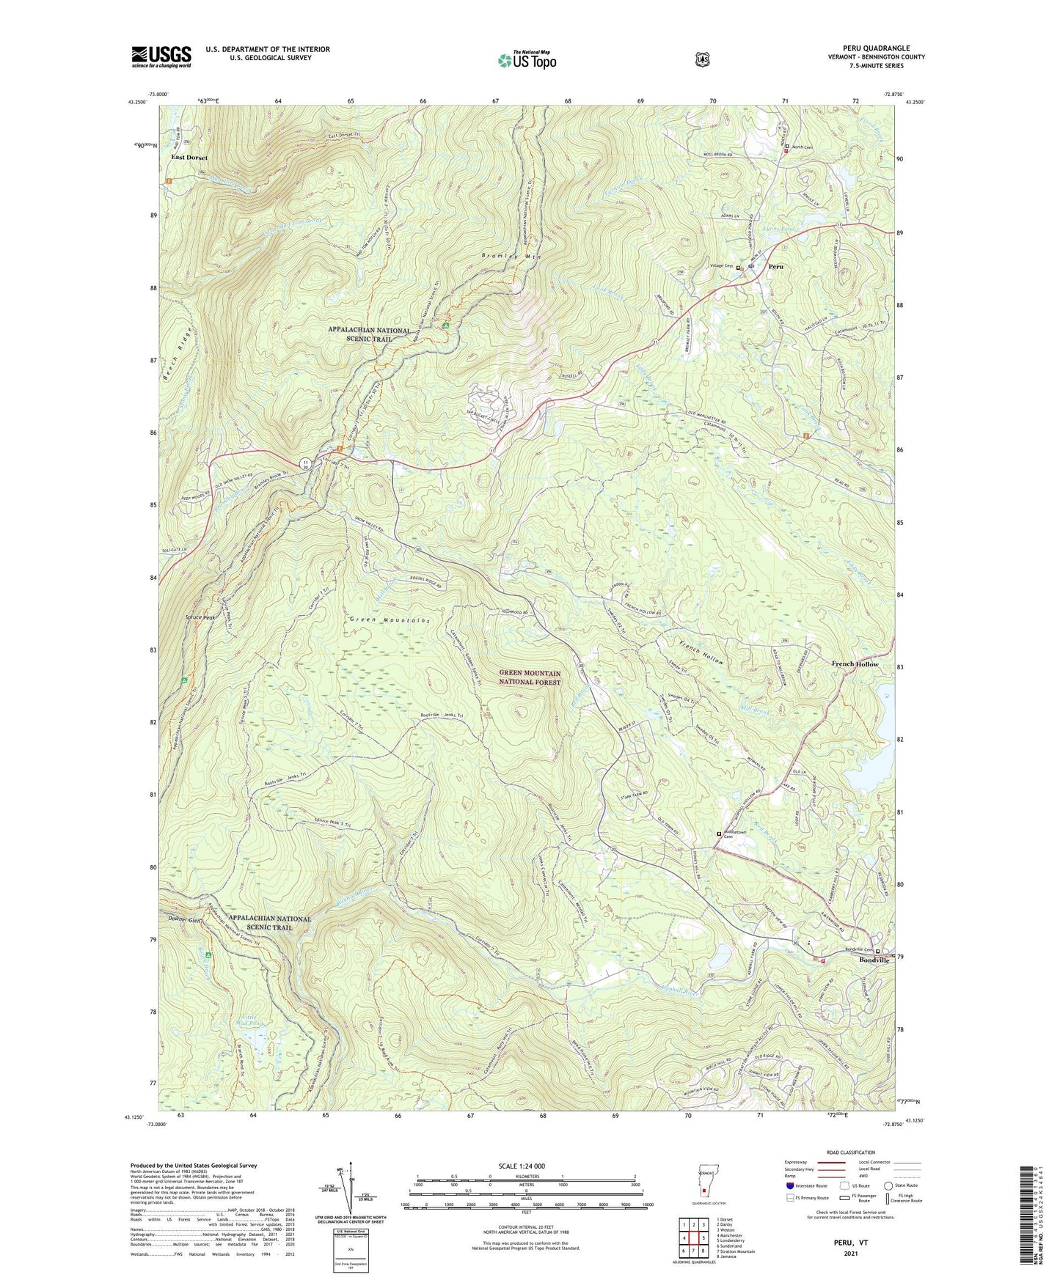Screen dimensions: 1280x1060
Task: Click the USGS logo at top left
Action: [x=161, y=56]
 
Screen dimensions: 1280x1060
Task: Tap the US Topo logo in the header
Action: [x=527, y=59]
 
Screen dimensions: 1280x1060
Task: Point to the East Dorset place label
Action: [x=189, y=158]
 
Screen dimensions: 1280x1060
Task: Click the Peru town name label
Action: [x=775, y=267]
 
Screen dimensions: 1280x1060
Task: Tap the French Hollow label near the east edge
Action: [x=855, y=664]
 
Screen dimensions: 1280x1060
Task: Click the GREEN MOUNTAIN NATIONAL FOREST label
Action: [x=530, y=677]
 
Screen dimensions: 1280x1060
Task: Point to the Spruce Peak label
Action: [x=200, y=618]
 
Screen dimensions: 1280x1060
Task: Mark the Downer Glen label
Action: [x=184, y=920]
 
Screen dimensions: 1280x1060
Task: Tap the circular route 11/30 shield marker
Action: [x=305, y=462]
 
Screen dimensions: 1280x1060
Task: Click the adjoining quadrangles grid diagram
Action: [x=693, y=1239]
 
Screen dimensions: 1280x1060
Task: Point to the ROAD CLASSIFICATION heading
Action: [x=849, y=1153]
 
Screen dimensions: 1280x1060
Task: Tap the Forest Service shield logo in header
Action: [x=702, y=59]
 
